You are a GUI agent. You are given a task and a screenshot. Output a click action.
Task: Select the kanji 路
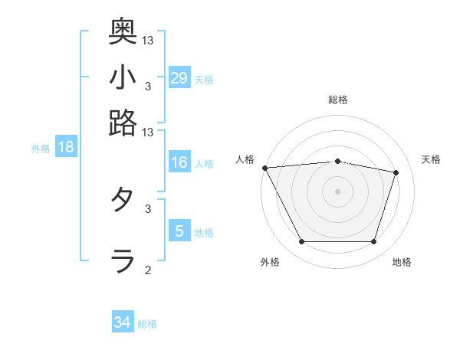[x=123, y=122]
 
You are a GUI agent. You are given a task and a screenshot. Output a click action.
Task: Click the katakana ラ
[x=123, y=260]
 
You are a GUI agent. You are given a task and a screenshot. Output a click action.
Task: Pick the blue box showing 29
[x=179, y=78]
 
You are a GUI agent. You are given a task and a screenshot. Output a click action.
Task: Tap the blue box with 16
[x=179, y=162]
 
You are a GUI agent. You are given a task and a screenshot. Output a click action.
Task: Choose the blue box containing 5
[x=179, y=231]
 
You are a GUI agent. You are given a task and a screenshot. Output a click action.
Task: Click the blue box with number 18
[x=66, y=148]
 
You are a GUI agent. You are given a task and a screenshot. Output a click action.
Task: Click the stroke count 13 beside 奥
[x=148, y=39]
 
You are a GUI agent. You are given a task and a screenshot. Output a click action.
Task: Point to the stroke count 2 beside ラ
[x=148, y=269]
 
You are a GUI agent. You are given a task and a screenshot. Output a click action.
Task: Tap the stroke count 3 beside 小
[x=148, y=85]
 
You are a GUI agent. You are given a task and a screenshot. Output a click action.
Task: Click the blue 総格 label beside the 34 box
[x=147, y=324]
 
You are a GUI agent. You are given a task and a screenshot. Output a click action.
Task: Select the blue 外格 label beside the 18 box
[x=41, y=149]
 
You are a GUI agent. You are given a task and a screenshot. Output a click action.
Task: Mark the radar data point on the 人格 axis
[x=264, y=168]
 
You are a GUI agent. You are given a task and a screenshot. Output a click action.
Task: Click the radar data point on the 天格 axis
[x=396, y=172]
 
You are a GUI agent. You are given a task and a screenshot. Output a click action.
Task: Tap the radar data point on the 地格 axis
[x=373, y=242]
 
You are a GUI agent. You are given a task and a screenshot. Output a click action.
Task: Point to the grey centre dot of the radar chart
[x=337, y=191]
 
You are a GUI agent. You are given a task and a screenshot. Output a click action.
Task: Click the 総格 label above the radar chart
[x=337, y=100]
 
